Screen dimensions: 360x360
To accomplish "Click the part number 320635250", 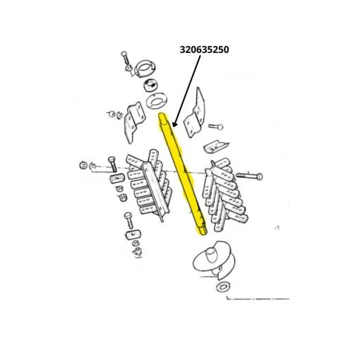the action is point(204,50).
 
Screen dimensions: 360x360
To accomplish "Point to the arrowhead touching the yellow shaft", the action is point(174,123).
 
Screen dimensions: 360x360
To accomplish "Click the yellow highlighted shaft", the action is point(182,174).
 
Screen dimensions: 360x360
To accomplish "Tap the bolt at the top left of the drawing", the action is point(126,58).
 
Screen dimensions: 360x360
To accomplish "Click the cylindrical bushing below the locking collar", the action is point(150,86).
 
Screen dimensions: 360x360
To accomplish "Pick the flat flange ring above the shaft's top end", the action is point(156,102).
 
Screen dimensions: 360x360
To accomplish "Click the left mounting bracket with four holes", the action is point(135,122).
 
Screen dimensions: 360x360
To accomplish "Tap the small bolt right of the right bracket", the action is point(216,127).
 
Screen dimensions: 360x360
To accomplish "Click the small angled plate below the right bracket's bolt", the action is point(215,146).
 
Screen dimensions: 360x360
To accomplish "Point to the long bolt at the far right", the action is point(249,176).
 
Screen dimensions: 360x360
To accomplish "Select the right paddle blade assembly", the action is point(225,195).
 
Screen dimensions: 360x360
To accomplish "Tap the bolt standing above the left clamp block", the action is point(112,164).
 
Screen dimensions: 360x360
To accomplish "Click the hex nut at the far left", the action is point(83,165).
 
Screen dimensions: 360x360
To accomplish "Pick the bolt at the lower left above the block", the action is point(129,220).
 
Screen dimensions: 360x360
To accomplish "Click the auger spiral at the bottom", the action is point(213,260).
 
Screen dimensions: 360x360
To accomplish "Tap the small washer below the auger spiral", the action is point(223,287).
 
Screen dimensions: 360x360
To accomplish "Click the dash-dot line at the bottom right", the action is point(258,299).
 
